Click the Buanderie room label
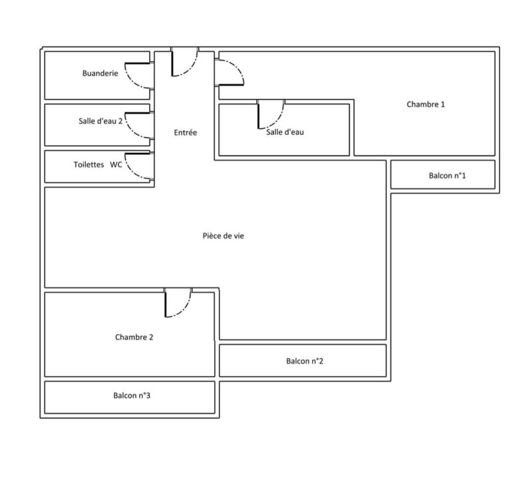[100, 73]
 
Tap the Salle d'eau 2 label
[100, 122]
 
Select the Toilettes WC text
[98, 164]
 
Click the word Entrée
[186, 133]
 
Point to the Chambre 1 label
[426, 104]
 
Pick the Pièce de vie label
[219, 236]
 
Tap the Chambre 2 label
[134, 338]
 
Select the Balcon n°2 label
[305, 361]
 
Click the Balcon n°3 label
[132, 396]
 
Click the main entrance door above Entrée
[184, 62]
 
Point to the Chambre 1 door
[229, 72]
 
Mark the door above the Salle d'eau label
[271, 114]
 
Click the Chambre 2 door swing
[178, 304]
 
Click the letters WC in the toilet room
[116, 164]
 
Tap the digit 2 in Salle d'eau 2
[120, 122]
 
